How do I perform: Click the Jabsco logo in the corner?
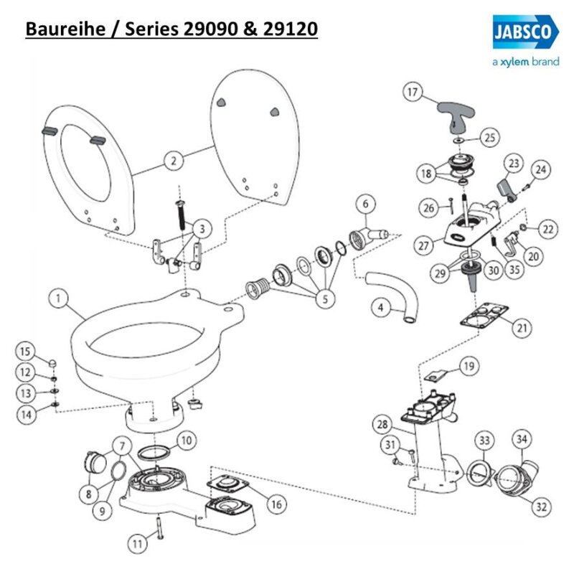click(526, 32)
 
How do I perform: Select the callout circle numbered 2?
click(172, 161)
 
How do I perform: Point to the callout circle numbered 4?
click(382, 308)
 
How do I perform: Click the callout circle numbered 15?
click(25, 351)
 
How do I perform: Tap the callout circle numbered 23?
click(513, 164)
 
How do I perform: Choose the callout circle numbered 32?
click(539, 506)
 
